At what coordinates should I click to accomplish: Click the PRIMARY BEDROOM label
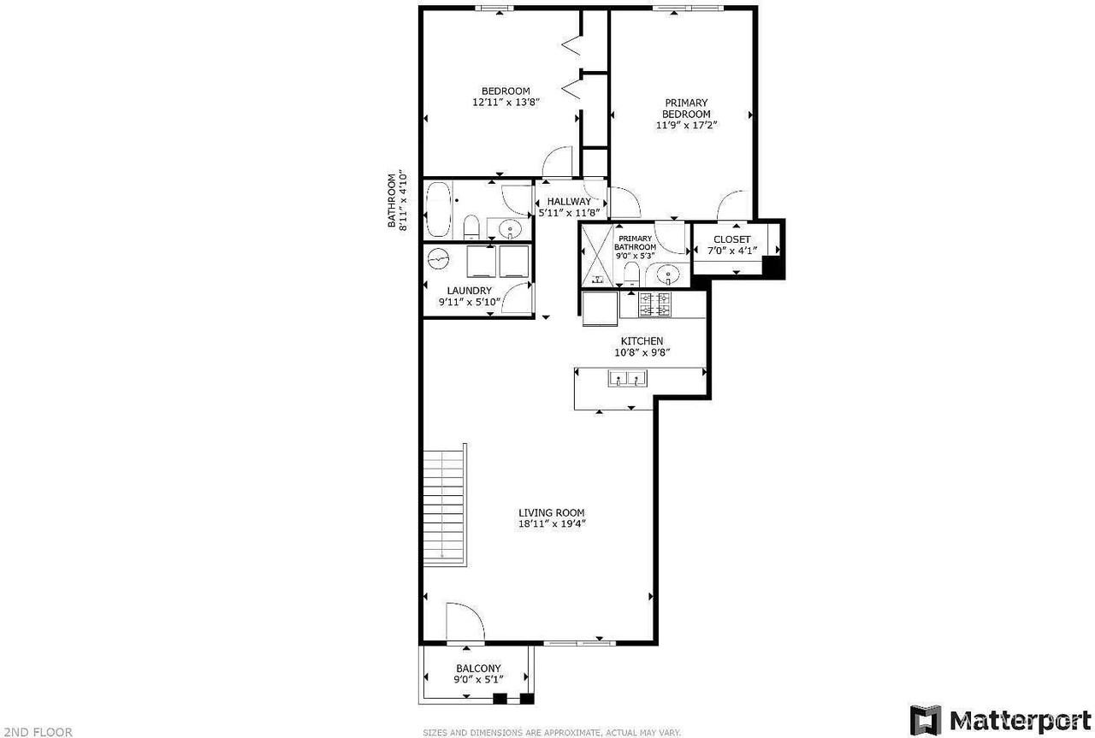pyautogui.click(x=686, y=108)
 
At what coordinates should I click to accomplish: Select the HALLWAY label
pyautogui.click(x=569, y=202)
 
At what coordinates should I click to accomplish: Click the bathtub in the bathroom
pyautogui.click(x=439, y=210)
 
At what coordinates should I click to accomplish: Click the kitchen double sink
pyautogui.click(x=628, y=378)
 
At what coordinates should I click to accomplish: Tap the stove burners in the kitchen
pyautogui.click(x=654, y=302)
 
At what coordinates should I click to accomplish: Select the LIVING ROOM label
pyautogui.click(x=552, y=512)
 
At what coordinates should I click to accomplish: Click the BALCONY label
pyautogui.click(x=478, y=669)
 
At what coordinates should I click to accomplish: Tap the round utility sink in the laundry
pyautogui.click(x=439, y=258)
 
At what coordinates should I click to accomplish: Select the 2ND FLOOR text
pyautogui.click(x=37, y=732)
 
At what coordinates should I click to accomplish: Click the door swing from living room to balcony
pyautogui.click(x=462, y=621)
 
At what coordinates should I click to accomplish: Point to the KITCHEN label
pyautogui.click(x=642, y=341)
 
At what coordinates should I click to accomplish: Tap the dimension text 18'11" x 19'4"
pyautogui.click(x=552, y=524)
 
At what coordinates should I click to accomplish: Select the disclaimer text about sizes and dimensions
pyautogui.click(x=552, y=733)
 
